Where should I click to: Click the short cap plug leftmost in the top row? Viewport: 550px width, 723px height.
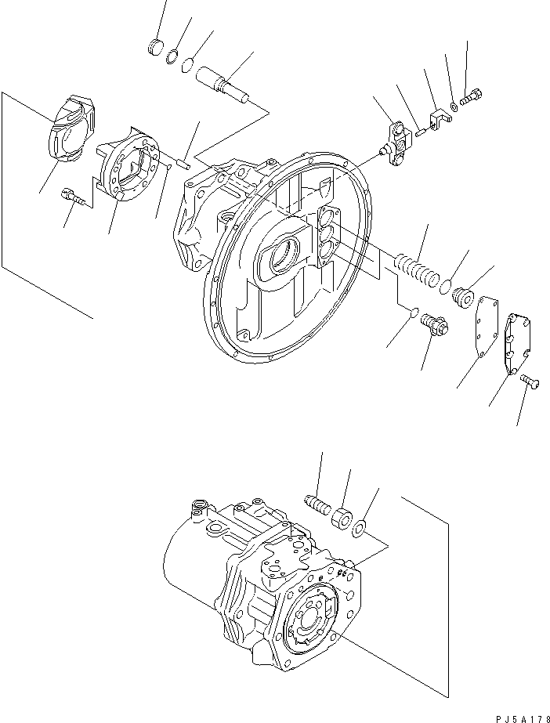[156, 47]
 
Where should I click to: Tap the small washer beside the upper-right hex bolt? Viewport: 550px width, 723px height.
[454, 106]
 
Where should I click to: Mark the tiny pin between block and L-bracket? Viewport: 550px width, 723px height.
[420, 131]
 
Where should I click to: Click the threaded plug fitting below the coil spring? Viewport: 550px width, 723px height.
[433, 324]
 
